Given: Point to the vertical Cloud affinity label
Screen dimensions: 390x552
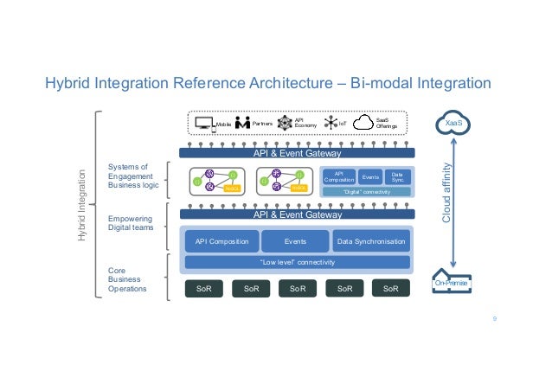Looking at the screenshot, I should coord(447,194).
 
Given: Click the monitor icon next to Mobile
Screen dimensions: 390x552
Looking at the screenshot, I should coord(203,123).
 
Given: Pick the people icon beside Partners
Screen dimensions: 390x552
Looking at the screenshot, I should coord(242,123).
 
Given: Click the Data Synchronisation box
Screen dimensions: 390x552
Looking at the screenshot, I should coord(370,242).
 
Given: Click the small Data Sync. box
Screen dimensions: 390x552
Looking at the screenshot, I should coord(397,176).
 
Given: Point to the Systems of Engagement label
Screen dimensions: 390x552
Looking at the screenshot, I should coord(129,176).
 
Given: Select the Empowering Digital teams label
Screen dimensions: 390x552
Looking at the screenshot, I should coord(131,225).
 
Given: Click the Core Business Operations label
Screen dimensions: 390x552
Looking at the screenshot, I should coord(127,279).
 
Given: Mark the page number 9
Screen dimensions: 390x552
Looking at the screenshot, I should coord(494,318).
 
